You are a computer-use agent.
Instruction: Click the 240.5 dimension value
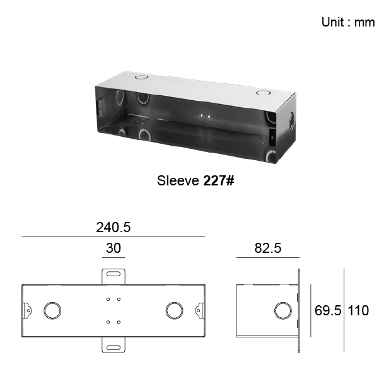point(114,228)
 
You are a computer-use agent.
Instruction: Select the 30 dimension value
point(114,248)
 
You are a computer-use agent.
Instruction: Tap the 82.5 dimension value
point(268,248)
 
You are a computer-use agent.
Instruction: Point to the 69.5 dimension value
point(328,310)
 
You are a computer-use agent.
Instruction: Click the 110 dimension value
point(358,310)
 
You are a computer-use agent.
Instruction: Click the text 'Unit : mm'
point(348,22)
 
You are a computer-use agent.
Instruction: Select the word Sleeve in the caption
point(178,180)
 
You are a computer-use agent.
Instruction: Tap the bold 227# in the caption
point(219,180)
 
